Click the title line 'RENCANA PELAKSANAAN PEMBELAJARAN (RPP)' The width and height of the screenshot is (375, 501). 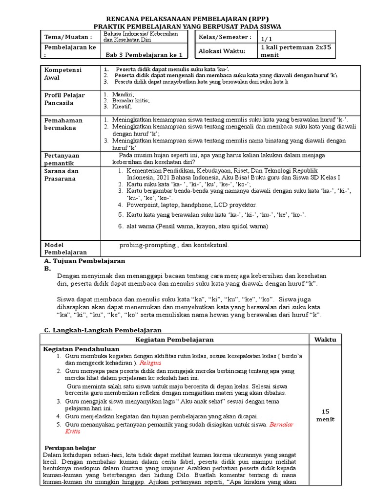(x=187, y=18)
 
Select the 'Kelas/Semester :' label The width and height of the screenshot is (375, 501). (x=224, y=37)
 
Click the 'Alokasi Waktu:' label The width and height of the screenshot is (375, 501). (x=223, y=51)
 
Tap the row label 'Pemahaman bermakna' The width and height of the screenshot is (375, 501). (x=63, y=124)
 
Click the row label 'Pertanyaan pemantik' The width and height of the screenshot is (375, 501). (x=62, y=159)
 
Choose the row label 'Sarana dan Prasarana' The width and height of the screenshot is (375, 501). (x=62, y=175)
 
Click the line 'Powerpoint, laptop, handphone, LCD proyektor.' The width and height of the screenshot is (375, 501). (x=191, y=205)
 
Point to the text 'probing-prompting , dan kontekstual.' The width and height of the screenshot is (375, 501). (x=173, y=245)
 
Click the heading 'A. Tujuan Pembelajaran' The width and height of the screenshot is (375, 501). (x=84, y=261)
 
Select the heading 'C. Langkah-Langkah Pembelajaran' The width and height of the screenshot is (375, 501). (x=103, y=331)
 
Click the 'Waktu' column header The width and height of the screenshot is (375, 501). (x=322, y=340)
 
